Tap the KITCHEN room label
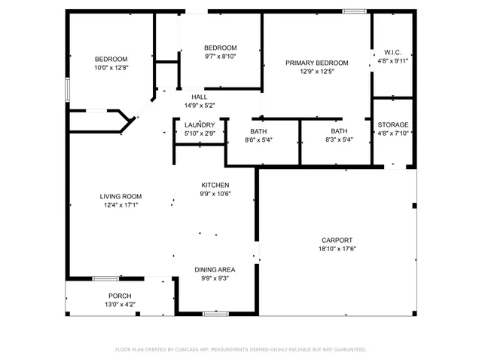215,185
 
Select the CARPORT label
336,240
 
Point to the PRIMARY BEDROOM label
316,63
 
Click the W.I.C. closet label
392,53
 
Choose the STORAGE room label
392,124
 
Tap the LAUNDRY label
200,125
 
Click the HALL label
199,97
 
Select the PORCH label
120,296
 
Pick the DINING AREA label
215,269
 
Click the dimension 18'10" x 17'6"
336,249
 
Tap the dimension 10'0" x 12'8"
111,69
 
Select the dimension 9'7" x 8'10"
220,57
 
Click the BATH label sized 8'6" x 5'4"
258,130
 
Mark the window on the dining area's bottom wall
215,313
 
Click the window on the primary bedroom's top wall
354,11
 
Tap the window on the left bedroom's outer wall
66,89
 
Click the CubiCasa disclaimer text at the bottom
240,350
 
